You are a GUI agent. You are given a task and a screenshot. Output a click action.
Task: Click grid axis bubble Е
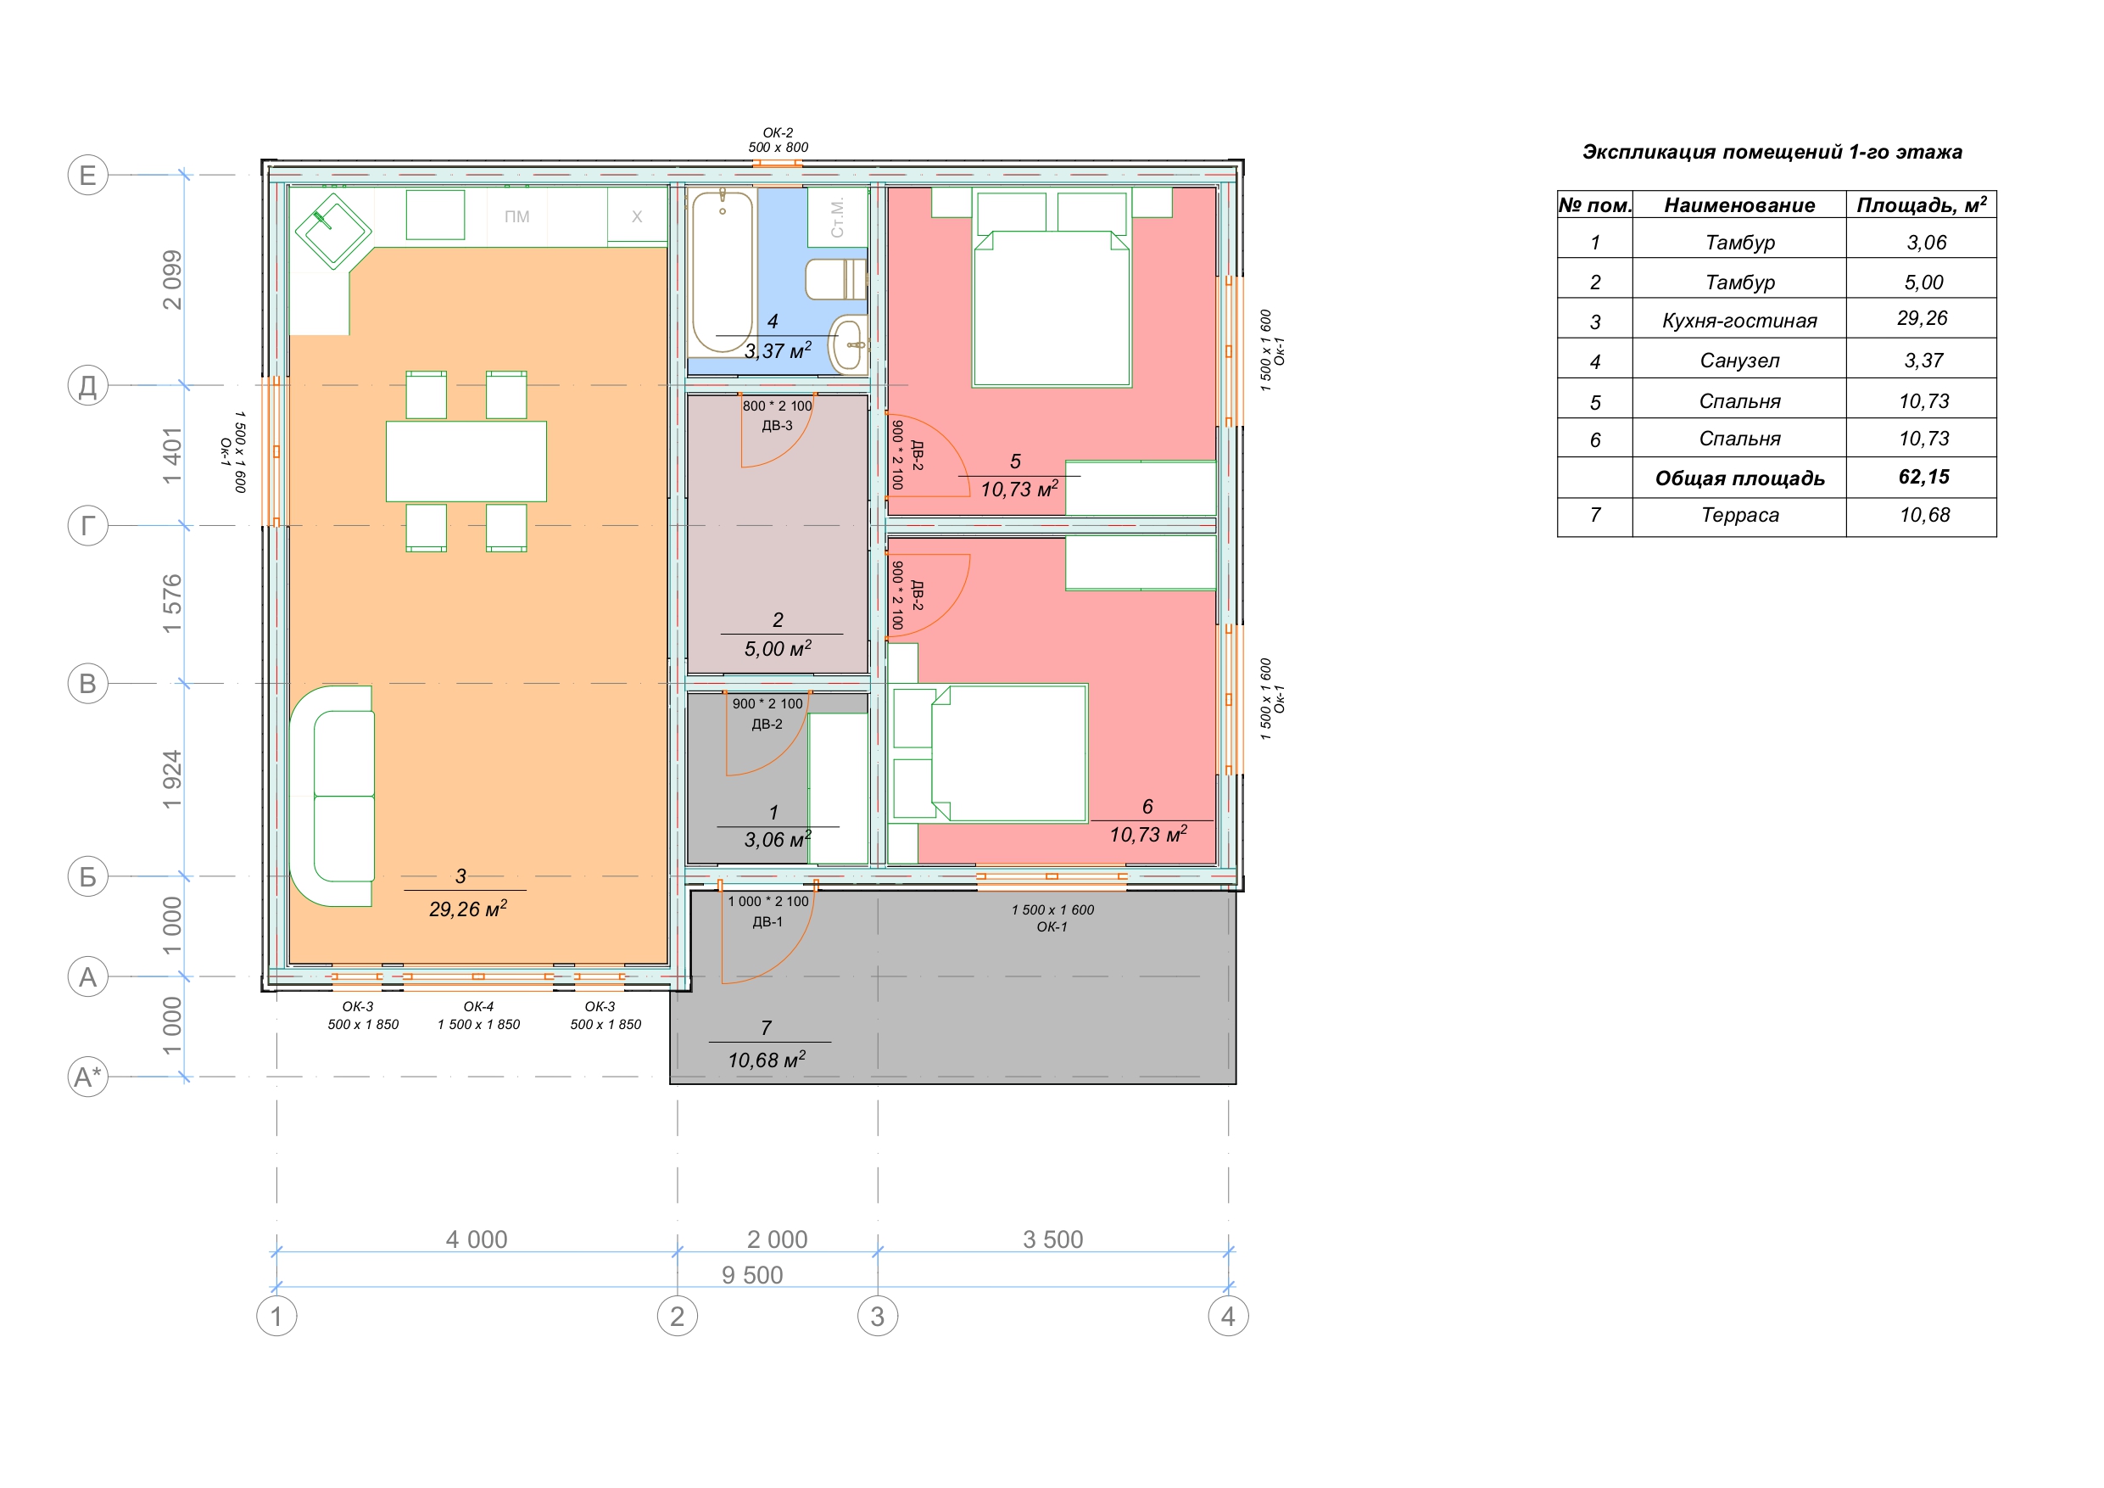[88, 174]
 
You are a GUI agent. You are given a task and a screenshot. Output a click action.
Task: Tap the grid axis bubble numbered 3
[877, 1317]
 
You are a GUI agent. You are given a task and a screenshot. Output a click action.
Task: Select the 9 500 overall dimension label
[752, 1274]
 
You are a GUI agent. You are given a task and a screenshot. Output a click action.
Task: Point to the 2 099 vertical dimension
[171, 280]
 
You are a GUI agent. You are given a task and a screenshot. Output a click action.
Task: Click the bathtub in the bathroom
[723, 271]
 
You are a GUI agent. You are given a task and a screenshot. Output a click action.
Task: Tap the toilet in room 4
[835, 279]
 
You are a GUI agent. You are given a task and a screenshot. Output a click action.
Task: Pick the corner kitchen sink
[332, 231]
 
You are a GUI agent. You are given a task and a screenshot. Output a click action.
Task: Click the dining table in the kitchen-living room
[466, 462]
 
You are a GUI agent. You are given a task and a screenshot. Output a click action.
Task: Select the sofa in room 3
[332, 796]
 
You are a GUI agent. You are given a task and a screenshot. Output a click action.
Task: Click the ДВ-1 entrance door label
[767, 922]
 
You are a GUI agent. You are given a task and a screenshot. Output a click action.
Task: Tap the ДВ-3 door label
[777, 425]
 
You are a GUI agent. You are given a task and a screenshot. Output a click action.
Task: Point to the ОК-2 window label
[778, 133]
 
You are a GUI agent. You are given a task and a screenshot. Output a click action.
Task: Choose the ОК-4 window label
[478, 1007]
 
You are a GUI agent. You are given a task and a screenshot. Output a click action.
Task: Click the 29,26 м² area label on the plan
[467, 909]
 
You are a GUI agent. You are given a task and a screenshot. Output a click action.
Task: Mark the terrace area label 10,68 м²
[766, 1060]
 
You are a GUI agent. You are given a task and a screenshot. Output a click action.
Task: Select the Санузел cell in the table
[1739, 361]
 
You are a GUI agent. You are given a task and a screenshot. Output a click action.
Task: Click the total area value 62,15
[1923, 477]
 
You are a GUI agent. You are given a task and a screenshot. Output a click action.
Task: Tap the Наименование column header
[1739, 205]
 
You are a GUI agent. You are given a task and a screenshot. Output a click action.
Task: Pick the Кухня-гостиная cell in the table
[1739, 321]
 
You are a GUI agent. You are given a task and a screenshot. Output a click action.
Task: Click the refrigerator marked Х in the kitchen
[637, 216]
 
